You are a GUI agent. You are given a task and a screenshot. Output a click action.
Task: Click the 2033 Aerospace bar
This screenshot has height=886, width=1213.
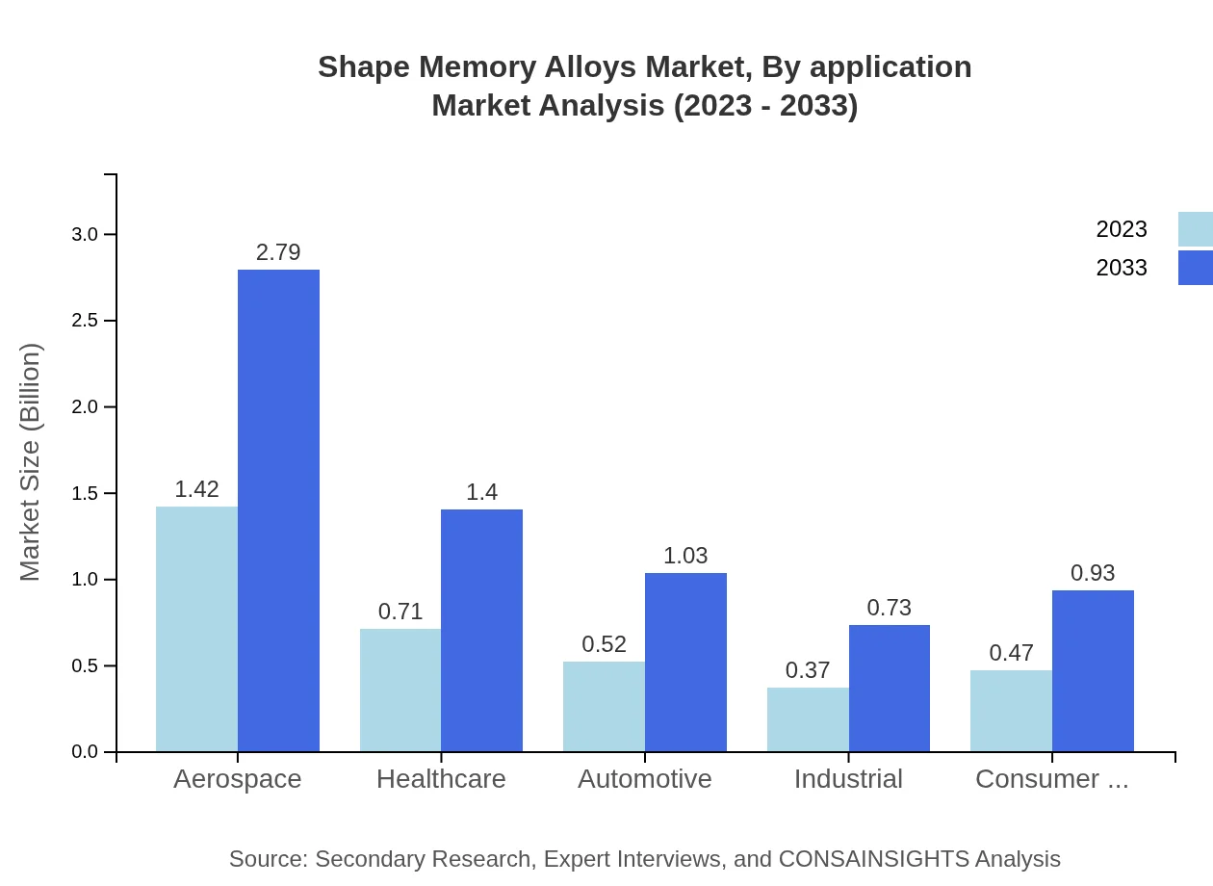[x=278, y=510]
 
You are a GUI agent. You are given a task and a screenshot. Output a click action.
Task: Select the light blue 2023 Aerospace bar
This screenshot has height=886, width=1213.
[x=196, y=629]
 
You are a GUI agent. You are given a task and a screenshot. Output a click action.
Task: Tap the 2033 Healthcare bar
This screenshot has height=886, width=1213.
[x=481, y=631]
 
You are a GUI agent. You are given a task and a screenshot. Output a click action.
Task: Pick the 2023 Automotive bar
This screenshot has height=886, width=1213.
[x=604, y=706]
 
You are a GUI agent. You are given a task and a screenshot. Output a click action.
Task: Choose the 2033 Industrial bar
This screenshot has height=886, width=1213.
[x=889, y=689]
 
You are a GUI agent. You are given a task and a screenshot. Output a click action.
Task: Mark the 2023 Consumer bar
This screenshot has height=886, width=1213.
[x=1011, y=711]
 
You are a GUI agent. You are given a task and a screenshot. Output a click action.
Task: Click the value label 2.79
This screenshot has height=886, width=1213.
[x=278, y=252]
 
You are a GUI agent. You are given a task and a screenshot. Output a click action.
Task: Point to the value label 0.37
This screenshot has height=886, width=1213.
[x=808, y=670]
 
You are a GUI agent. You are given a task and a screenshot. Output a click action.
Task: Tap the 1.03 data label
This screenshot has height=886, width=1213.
[x=685, y=556]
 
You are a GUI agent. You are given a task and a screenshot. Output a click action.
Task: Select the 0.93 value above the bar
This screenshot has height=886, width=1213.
[x=1093, y=573]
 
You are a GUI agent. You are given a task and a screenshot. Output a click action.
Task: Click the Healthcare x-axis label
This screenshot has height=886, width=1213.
[x=441, y=779]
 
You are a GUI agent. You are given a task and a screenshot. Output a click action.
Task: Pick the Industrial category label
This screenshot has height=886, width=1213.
[x=848, y=779]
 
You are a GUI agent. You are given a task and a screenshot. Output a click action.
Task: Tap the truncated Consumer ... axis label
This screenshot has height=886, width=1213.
[x=1051, y=779]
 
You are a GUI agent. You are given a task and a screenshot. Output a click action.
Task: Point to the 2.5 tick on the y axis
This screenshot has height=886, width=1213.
[x=85, y=321]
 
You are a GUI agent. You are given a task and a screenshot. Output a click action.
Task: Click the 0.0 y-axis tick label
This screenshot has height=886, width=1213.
[x=85, y=752]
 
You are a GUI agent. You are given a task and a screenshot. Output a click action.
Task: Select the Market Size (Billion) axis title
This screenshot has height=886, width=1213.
[x=31, y=462]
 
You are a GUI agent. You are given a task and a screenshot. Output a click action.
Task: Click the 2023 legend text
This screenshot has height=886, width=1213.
[x=1122, y=229]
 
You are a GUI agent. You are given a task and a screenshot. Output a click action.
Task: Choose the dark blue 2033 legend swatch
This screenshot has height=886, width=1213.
[x=1195, y=268]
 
